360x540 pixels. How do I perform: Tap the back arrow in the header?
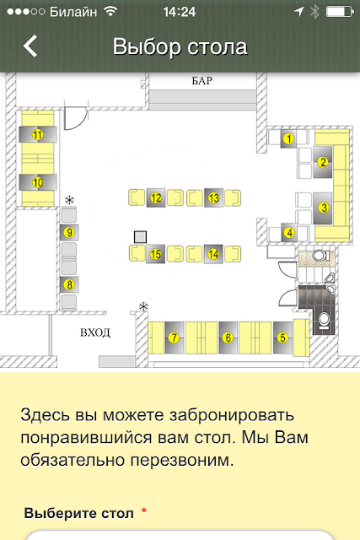click(x=30, y=46)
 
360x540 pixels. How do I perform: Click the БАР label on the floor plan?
click(x=202, y=81)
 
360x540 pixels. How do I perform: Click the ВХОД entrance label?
click(x=95, y=332)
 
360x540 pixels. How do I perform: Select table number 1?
click(x=288, y=138)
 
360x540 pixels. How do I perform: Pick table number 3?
click(x=323, y=208)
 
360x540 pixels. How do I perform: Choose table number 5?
click(x=282, y=337)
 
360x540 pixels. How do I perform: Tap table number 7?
click(x=175, y=337)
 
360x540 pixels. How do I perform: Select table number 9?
click(x=69, y=233)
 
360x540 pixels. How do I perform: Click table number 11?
click(x=37, y=134)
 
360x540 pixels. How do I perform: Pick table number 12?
click(x=156, y=197)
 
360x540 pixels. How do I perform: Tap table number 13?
click(x=213, y=197)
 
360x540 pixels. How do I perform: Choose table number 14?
click(x=213, y=254)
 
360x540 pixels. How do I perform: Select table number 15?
click(x=156, y=254)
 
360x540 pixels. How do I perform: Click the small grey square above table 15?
click(x=140, y=237)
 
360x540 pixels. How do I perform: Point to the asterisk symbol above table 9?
click(x=69, y=200)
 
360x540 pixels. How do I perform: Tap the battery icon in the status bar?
click(x=340, y=12)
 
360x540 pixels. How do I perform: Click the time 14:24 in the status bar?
click(x=180, y=12)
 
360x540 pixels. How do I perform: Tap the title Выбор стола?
click(x=180, y=46)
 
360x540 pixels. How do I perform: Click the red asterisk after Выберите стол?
click(x=144, y=511)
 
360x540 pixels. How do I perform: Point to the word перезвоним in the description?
click(x=180, y=461)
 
